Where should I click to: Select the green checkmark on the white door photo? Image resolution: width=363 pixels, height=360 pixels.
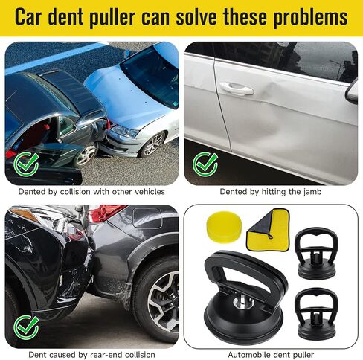tap(205, 163)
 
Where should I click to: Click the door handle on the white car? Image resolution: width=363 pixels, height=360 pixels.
tap(236, 89)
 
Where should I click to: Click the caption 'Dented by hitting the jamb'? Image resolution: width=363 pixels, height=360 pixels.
tap(271, 191)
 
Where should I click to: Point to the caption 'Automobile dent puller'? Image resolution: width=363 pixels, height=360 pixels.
tap(271, 354)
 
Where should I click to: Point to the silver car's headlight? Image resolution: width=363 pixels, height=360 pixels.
tap(124, 131)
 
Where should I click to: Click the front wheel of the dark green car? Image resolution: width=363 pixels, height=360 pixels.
tap(86, 154)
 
